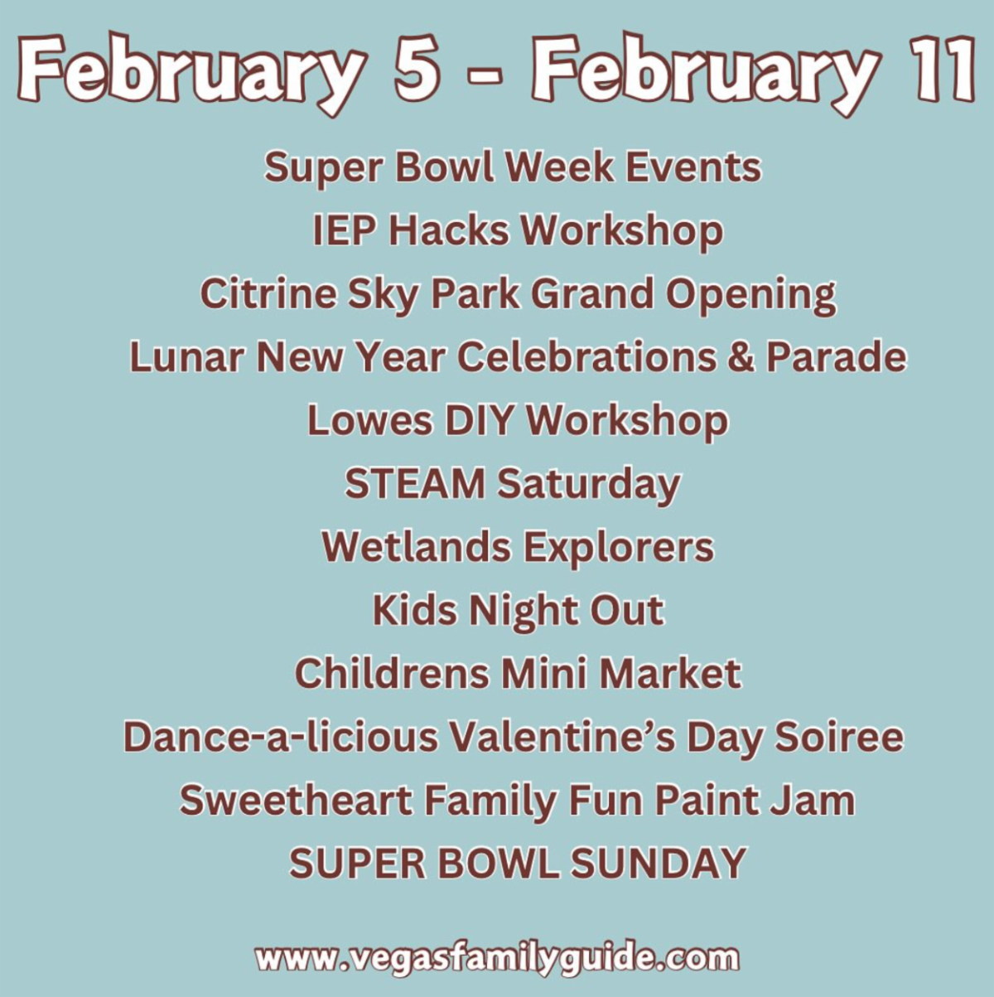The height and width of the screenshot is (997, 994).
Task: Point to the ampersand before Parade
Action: pyautogui.click(x=741, y=357)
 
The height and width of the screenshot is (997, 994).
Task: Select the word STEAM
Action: pyautogui.click(x=415, y=484)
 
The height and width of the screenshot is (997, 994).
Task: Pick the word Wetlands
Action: pyautogui.click(x=417, y=547)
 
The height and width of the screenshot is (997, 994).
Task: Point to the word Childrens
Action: pyautogui.click(x=392, y=674)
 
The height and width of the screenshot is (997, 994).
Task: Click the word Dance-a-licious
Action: pyautogui.click(x=282, y=737)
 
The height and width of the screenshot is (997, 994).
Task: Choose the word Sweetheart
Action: pyautogui.click(x=296, y=801)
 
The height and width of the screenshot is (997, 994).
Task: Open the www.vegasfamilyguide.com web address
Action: pyautogui.click(x=497, y=959)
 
